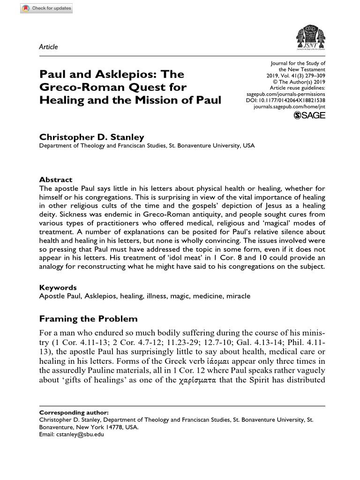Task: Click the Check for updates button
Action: [46, 9]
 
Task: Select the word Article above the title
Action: [48, 47]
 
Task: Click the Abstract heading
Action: [56, 180]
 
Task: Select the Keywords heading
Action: [58, 287]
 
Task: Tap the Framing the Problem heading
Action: [89, 319]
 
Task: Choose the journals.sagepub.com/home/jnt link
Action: [289, 107]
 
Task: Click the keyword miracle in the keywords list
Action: [238, 296]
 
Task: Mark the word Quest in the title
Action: [166, 87]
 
